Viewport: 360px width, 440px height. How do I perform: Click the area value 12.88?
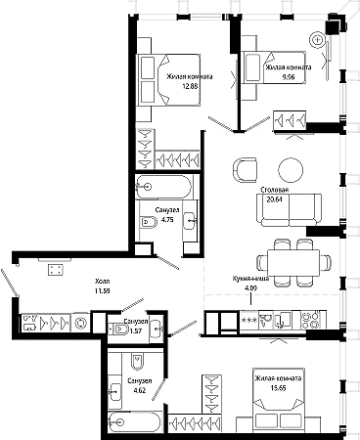[x=191, y=86]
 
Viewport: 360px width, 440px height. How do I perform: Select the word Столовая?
[x=275, y=190]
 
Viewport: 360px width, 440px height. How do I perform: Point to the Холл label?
[x=102, y=281]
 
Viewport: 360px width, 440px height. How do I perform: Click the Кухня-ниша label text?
[x=250, y=279]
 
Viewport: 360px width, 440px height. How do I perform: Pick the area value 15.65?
[x=278, y=388]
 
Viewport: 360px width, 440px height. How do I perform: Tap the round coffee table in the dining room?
[x=291, y=170]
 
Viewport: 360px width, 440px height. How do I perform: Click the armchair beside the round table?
[x=245, y=170]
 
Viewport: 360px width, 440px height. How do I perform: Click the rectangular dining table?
[x=293, y=263]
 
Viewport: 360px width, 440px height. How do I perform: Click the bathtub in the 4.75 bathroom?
[x=163, y=187]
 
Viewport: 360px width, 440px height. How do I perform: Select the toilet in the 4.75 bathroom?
[x=149, y=222]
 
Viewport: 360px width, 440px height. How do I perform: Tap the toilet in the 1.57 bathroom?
[x=118, y=330]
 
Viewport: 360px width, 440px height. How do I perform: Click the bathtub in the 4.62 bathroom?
[x=134, y=422]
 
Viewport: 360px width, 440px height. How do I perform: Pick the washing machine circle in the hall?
[x=80, y=323]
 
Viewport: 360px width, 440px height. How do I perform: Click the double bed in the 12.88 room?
[x=168, y=80]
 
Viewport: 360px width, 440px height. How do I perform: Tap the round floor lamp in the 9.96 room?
[x=317, y=40]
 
